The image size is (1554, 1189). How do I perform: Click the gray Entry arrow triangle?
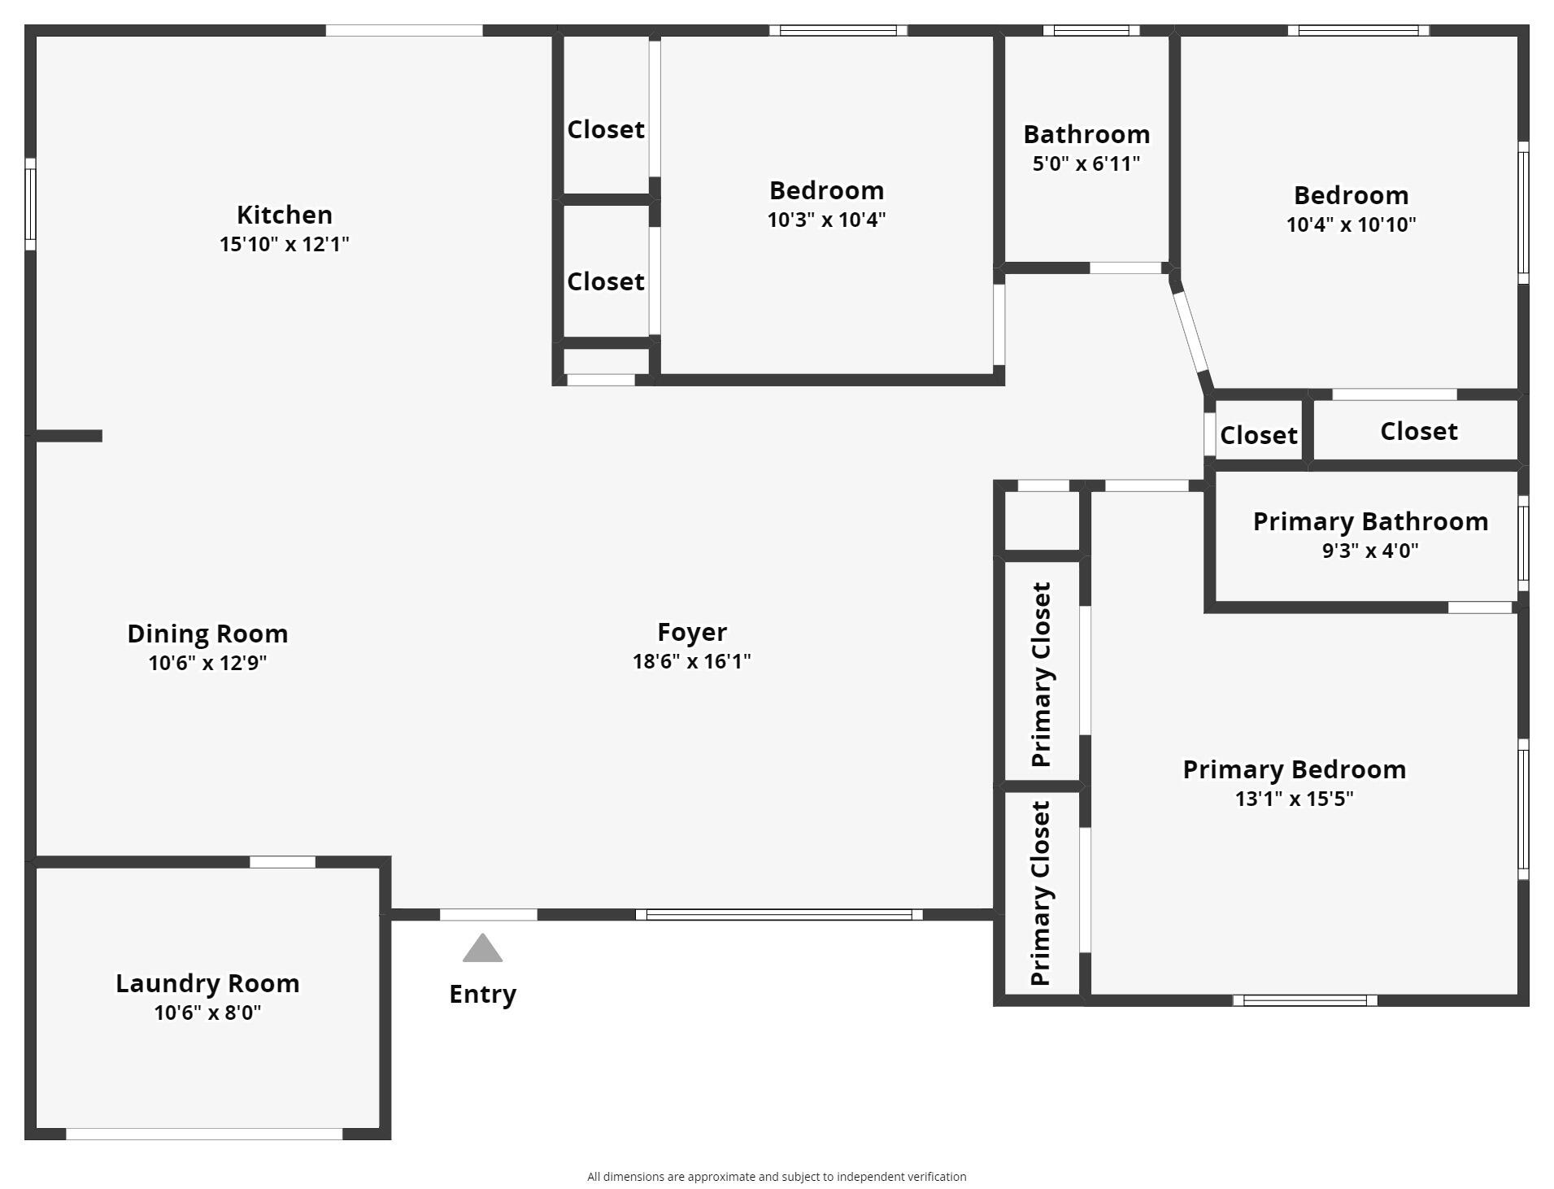[482, 948]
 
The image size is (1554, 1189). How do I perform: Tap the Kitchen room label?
[285, 215]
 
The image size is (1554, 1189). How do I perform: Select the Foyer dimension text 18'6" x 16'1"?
[692, 661]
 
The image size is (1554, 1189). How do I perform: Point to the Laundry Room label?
[207, 983]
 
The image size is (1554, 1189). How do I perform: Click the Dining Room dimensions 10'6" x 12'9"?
[207, 663]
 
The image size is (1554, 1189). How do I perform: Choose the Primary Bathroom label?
[1370, 521]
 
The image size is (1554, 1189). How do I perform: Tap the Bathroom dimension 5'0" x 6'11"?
[1086, 163]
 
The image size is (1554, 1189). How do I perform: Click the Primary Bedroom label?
[1294, 769]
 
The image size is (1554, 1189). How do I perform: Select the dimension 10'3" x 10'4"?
[826, 220]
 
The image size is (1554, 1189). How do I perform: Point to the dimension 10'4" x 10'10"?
[1351, 224]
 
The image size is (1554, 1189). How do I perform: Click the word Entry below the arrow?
[483, 995]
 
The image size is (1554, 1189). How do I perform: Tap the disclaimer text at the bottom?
[777, 1176]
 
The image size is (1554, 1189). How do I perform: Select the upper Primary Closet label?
[1041, 674]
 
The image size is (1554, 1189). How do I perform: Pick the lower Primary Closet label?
[1041, 893]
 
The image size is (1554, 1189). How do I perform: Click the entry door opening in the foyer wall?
[488, 915]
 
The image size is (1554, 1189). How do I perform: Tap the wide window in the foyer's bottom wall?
[779, 915]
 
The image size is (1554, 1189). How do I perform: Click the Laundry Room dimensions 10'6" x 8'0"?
[207, 1013]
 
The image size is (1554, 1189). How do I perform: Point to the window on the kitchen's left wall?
[30, 204]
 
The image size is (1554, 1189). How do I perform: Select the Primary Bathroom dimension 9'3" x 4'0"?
[1370, 551]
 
